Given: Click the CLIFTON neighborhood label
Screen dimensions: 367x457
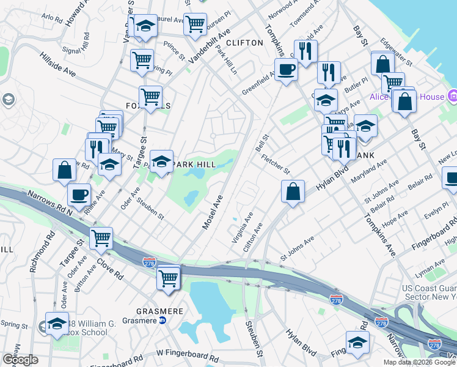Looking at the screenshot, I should coord(244,43).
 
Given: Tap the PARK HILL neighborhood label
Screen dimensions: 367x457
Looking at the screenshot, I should coord(195,165).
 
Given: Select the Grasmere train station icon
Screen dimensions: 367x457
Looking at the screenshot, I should coord(163,321).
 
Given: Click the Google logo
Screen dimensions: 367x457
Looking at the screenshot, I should coord(20,360).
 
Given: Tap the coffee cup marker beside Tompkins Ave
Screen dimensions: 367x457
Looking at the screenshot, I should coord(285,70).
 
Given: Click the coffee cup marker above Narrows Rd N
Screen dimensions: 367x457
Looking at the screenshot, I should coord(79,195).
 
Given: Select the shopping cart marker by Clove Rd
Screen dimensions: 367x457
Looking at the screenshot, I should coord(101,238).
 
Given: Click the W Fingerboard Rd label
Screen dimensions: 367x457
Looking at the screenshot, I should coord(188,354).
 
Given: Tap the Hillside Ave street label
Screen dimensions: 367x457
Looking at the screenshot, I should coord(58,63).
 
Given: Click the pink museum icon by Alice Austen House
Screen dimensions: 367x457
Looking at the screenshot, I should coord(453,96).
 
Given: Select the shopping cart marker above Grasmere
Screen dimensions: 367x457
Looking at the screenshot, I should coord(168,278).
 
